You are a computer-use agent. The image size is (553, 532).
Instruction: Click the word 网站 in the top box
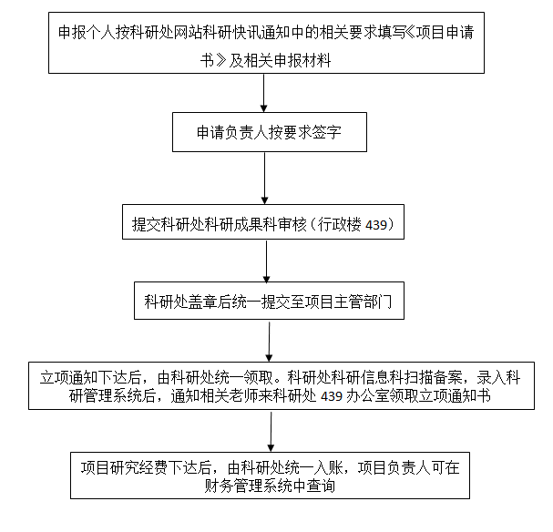189,33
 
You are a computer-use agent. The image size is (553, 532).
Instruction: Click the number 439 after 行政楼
376,225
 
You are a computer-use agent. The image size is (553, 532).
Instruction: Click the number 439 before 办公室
332,396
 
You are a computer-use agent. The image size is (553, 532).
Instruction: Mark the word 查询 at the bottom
321,486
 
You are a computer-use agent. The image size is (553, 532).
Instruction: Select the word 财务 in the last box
219,486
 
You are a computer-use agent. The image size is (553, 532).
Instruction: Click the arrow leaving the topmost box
263,93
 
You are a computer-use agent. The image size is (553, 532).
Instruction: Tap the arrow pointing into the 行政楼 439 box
264,178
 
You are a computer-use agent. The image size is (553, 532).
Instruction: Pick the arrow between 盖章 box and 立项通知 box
269,342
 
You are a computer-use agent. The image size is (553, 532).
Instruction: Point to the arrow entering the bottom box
271,432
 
